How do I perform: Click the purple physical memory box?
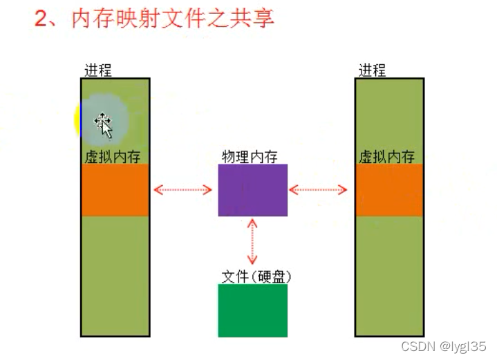pyautogui.click(x=252, y=190)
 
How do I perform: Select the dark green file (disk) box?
pyautogui.click(x=252, y=310)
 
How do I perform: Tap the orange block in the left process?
pyautogui.click(x=115, y=190)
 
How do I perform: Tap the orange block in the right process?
pyautogui.click(x=389, y=190)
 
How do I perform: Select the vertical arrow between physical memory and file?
pyautogui.click(x=252, y=243)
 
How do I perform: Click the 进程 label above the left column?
pyautogui.click(x=97, y=70)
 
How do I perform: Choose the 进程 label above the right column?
pyautogui.click(x=372, y=70)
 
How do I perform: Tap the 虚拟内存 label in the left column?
pyautogui.click(x=111, y=156)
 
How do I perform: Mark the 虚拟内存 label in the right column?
pyautogui.click(x=386, y=156)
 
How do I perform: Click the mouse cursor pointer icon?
pyautogui.click(x=104, y=125)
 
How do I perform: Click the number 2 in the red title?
pyautogui.click(x=42, y=19)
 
